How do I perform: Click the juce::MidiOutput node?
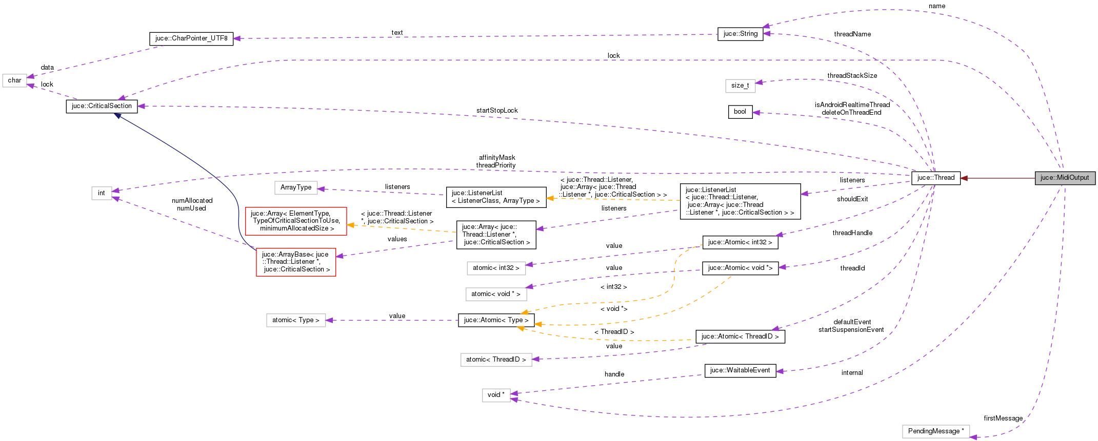1065,178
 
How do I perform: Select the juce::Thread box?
935,178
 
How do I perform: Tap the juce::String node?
740,34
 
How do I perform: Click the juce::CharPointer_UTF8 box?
191,38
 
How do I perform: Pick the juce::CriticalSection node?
102,106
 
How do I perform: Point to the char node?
14,80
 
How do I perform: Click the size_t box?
740,86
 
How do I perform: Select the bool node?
740,112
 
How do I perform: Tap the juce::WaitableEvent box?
740,370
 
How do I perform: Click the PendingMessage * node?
935,431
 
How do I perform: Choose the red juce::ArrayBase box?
296,262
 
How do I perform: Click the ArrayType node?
296,187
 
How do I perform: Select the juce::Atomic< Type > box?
496,320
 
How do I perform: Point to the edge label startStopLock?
496,111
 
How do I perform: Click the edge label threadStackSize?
852,76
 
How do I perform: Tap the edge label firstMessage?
1003,418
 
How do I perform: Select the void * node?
496,395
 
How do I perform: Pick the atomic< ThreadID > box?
496,360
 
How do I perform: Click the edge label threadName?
852,34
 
